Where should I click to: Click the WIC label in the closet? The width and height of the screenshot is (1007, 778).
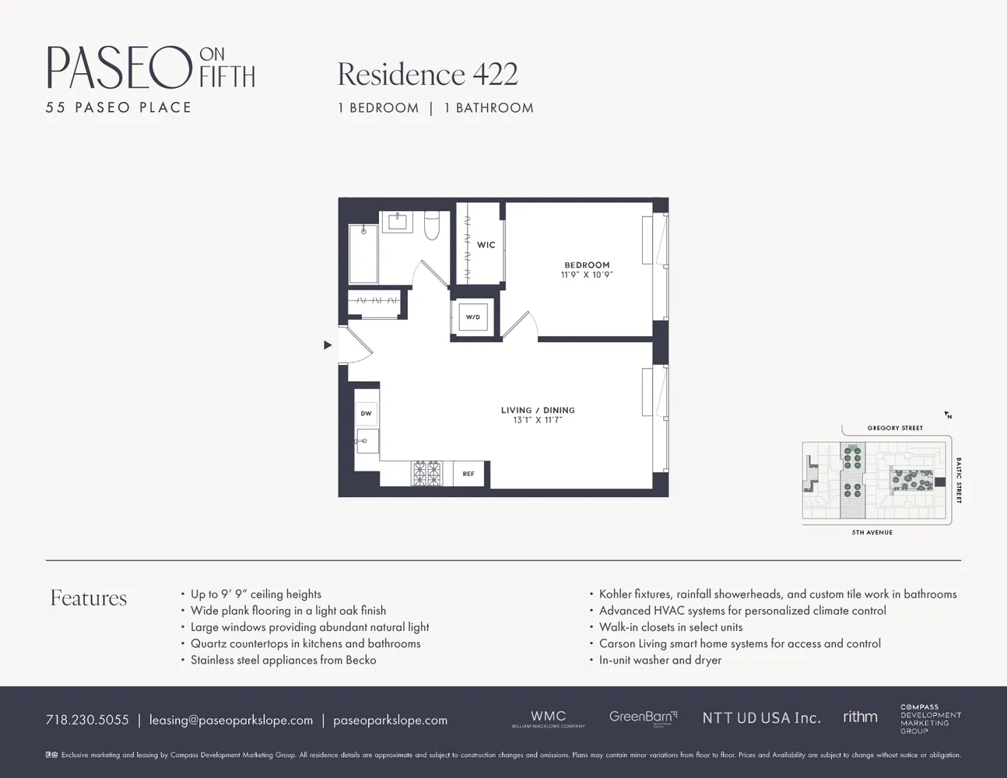[486, 245]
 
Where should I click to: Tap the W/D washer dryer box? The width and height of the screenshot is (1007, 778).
[472, 317]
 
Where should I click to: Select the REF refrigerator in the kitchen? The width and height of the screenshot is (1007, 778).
[468, 474]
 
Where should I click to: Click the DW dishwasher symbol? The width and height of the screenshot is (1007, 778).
[366, 414]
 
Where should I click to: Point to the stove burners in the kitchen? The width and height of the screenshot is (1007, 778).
[426, 473]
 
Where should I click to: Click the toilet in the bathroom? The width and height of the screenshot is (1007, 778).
[432, 225]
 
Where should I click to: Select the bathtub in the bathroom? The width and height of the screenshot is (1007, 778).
[363, 254]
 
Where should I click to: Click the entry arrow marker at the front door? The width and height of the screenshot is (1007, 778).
[328, 345]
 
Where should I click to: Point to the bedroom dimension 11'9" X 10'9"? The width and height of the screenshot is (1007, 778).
[587, 275]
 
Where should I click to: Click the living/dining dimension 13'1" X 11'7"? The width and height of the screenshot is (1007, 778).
[538, 420]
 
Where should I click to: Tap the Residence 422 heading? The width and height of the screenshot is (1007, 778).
[427, 75]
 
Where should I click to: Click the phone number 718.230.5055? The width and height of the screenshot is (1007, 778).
[87, 720]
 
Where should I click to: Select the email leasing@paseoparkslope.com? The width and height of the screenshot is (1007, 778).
[231, 720]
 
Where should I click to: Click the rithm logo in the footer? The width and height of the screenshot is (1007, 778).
[860, 717]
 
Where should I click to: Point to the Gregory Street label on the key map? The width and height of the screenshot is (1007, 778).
[895, 428]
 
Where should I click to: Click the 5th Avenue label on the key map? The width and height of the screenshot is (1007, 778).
[872, 532]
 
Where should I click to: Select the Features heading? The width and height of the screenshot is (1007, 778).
[89, 598]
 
